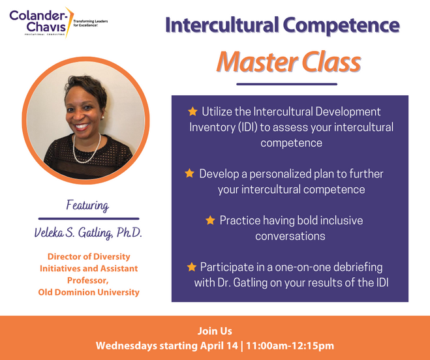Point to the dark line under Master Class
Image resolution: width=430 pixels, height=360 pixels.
point(286,84)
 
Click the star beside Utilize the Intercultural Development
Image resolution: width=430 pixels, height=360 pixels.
point(192,112)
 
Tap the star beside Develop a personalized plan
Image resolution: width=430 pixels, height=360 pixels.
point(190,173)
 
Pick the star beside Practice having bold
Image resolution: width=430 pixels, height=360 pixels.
point(210,220)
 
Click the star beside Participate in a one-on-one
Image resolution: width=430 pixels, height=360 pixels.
point(191,267)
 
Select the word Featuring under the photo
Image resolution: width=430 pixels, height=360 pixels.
point(87,205)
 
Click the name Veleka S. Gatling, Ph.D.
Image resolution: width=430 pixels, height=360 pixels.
point(88,233)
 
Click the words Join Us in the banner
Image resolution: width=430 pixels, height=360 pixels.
point(215,331)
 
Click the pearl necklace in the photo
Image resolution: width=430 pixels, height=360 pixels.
point(87,147)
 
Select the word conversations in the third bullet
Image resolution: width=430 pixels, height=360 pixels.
point(290,235)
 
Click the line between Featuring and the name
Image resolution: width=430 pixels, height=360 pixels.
point(88,218)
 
